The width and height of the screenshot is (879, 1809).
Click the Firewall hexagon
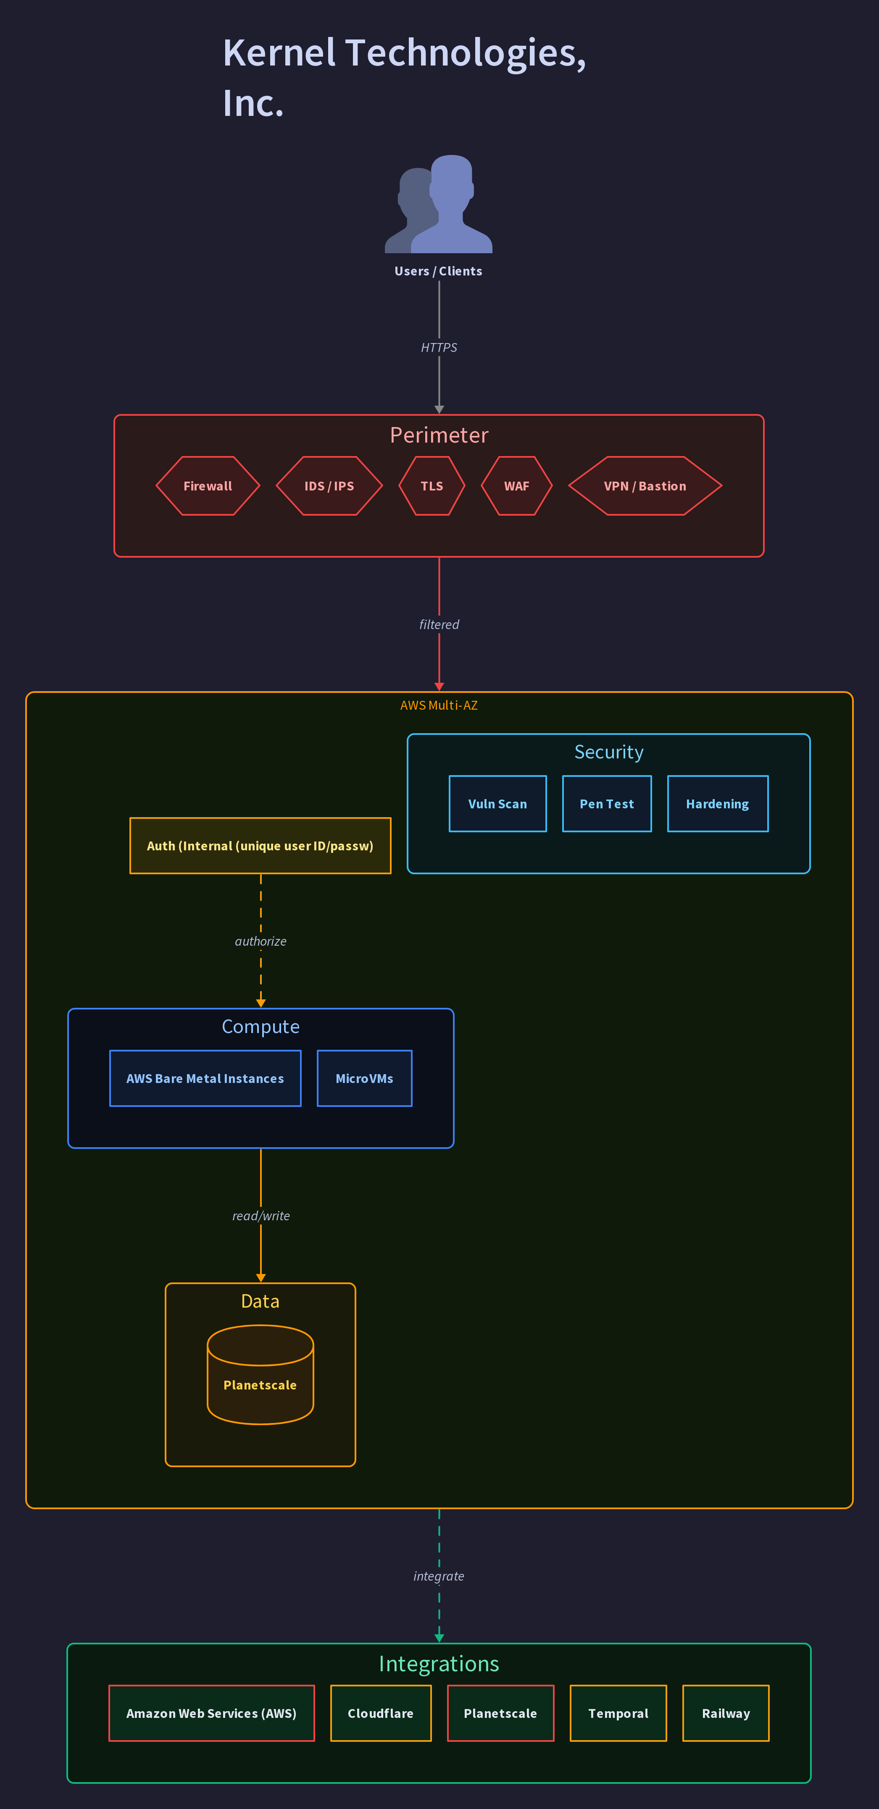[x=208, y=486]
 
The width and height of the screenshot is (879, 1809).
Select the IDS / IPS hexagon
[x=329, y=486]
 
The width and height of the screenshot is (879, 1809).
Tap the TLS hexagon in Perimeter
[x=432, y=486]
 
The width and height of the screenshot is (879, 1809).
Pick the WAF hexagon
[x=516, y=486]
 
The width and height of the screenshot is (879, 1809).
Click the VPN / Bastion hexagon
[x=645, y=486]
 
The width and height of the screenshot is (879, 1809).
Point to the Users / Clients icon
[x=438, y=204]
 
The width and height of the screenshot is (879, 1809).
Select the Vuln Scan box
[x=497, y=804]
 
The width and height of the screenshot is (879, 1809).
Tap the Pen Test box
[x=607, y=804]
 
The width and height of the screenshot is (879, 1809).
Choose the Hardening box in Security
[x=717, y=804]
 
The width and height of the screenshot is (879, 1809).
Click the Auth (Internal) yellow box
[x=260, y=846]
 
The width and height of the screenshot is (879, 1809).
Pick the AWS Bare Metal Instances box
[x=205, y=1079]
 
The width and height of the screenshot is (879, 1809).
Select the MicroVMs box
[x=365, y=1079]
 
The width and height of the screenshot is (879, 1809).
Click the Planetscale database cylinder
[x=260, y=1374]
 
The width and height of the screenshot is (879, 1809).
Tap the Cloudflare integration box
[x=381, y=1714]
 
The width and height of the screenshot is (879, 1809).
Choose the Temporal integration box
[x=618, y=1714]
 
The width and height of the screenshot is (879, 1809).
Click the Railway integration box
[x=726, y=1714]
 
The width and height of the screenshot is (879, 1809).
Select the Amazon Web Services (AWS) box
[x=211, y=1714]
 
